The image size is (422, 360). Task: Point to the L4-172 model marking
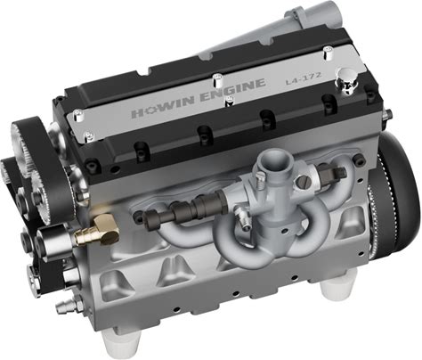coord(303,78)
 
